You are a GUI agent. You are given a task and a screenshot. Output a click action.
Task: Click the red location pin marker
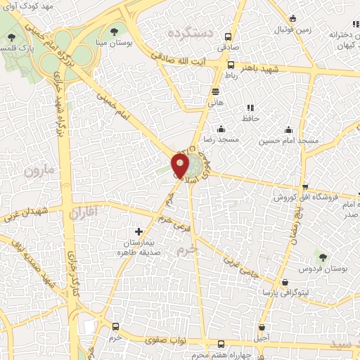[181, 167]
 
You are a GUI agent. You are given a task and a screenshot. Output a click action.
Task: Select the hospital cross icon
[138, 231]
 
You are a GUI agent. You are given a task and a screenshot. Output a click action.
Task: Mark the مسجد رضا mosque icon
[221, 129]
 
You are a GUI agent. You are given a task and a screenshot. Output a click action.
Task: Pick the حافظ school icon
[250, 108]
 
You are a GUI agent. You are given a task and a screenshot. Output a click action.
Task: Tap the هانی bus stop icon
[214, 91]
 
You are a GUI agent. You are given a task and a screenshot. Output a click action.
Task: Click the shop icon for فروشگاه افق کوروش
[304, 186]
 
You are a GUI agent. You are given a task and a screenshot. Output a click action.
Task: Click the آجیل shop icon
[262, 327]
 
